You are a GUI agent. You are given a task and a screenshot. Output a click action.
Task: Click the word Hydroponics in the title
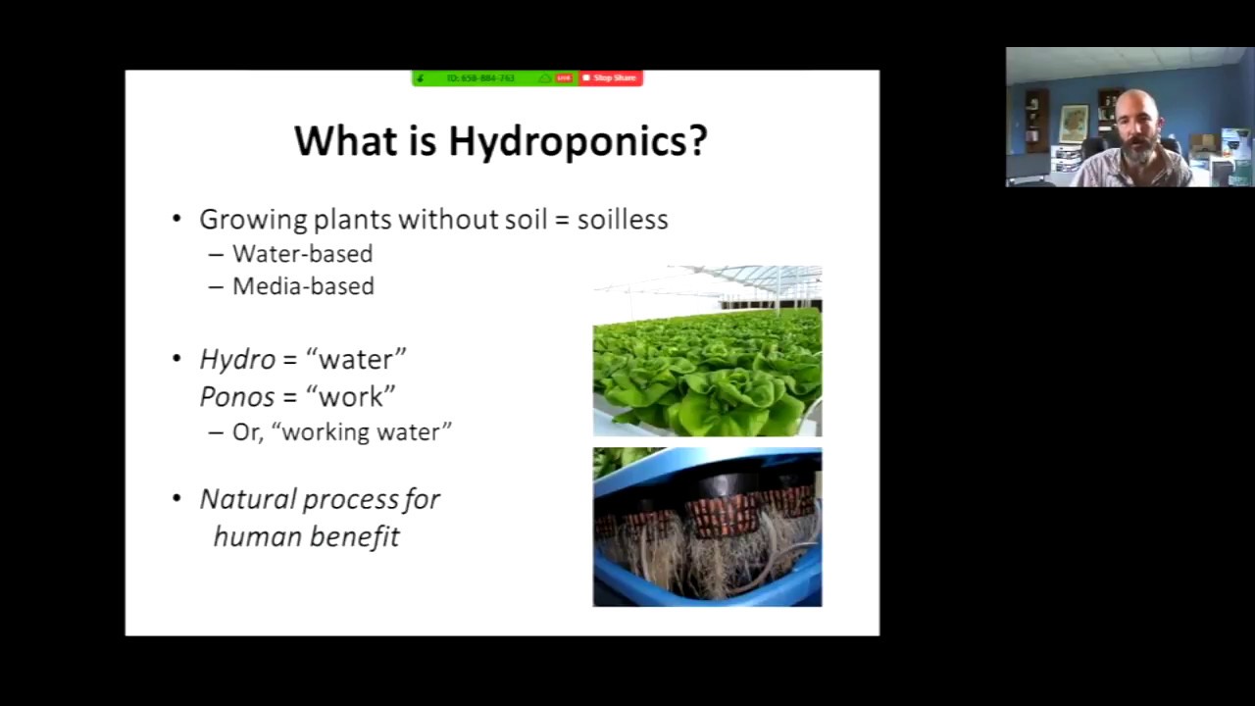pos(577,141)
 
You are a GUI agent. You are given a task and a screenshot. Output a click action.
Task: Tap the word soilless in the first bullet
pos(623,219)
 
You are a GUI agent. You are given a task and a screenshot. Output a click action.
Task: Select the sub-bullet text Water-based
pos(302,254)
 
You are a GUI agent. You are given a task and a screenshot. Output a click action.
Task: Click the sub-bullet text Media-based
pos(303,286)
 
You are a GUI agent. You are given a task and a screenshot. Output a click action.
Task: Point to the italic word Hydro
pos(237,360)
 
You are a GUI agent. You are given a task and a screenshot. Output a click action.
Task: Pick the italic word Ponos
pos(238,396)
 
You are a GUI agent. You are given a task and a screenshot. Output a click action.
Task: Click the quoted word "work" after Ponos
pos(351,396)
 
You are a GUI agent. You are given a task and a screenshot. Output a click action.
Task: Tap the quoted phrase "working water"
pos(367,432)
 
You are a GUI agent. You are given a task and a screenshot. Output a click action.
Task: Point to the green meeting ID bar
pos(480,77)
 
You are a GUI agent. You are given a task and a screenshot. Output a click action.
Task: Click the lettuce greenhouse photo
pos(707,351)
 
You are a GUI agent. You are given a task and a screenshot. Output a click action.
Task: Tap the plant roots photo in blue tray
pos(707,528)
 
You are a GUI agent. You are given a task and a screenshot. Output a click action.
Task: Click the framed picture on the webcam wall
pos(1074,123)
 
